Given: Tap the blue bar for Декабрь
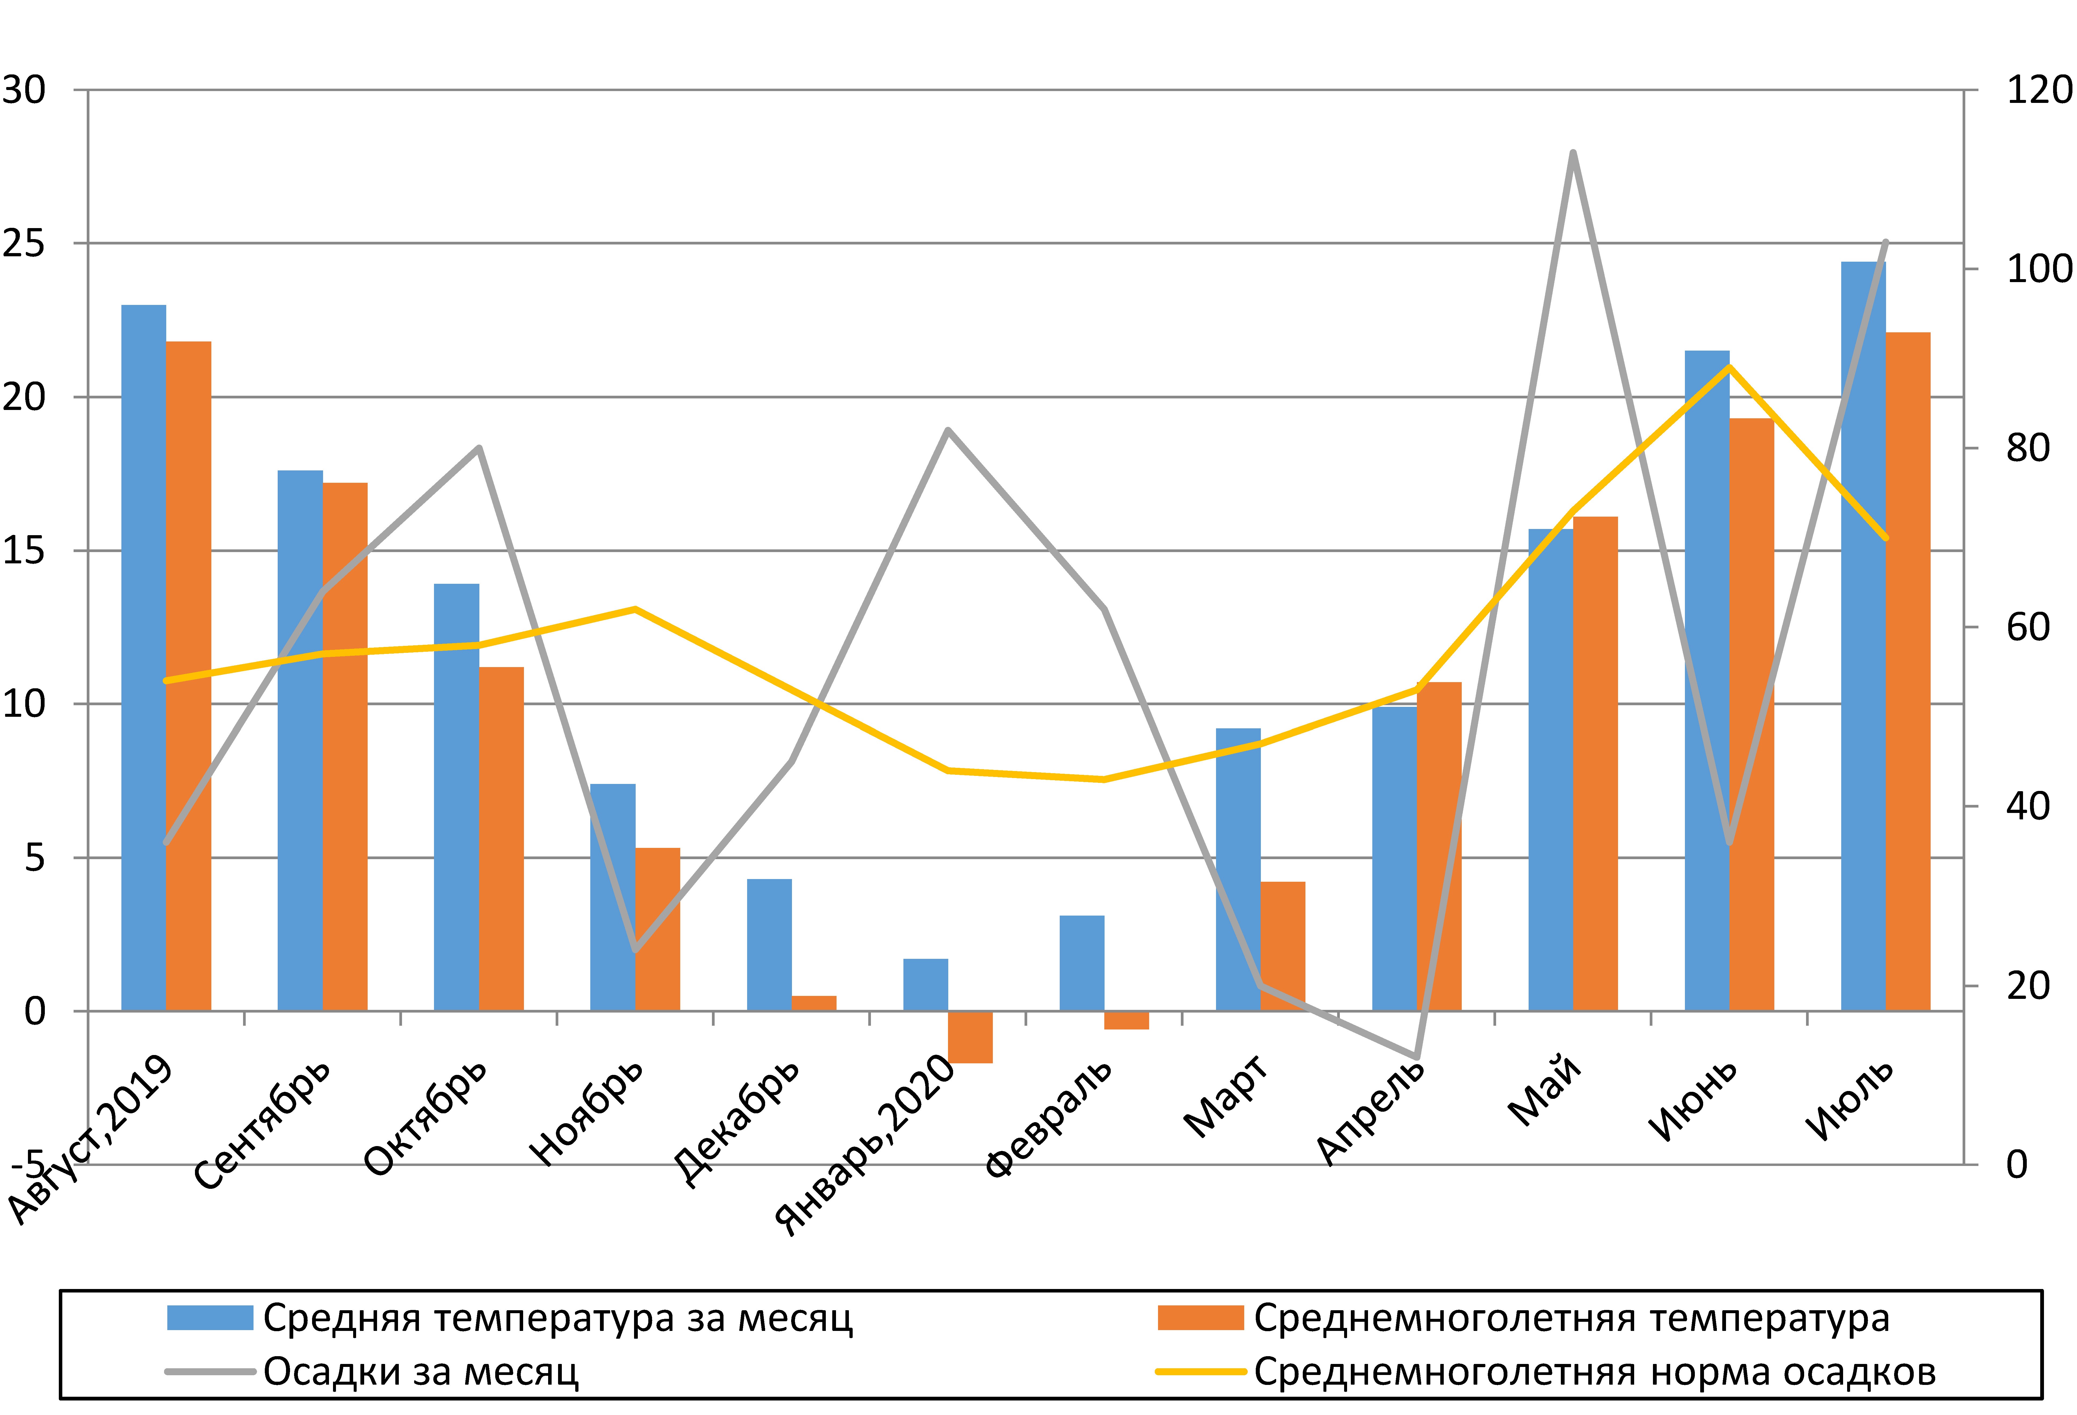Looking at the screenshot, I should tap(769, 945).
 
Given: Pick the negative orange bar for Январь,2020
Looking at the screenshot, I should tap(971, 1037).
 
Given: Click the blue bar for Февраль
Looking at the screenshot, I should tap(1082, 963).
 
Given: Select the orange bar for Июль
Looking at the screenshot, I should tap(1908, 670).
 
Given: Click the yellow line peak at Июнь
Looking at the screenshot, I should tap(1729, 366).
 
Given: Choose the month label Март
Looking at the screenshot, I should tap(1226, 1098).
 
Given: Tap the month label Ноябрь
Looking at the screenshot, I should tap(585, 1113).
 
